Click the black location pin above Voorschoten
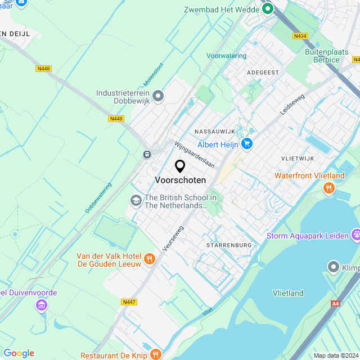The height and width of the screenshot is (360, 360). (180, 166)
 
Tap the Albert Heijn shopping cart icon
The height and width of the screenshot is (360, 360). (246, 145)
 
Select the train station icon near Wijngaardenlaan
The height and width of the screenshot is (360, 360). (147, 154)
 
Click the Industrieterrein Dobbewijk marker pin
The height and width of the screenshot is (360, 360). (158, 97)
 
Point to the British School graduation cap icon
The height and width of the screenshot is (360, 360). (136, 200)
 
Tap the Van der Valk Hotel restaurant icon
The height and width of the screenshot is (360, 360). (149, 259)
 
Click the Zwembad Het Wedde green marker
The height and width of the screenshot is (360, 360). (268, 9)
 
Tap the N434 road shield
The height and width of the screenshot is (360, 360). (300, 36)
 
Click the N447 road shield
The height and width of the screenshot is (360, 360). (129, 302)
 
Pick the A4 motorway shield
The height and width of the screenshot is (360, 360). (336, 304)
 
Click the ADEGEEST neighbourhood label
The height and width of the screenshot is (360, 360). (263, 73)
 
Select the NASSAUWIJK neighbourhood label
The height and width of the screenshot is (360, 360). (214, 131)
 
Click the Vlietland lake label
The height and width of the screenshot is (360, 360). (288, 292)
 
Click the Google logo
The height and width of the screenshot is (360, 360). (19, 353)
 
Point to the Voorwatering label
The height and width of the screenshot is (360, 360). (227, 56)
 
